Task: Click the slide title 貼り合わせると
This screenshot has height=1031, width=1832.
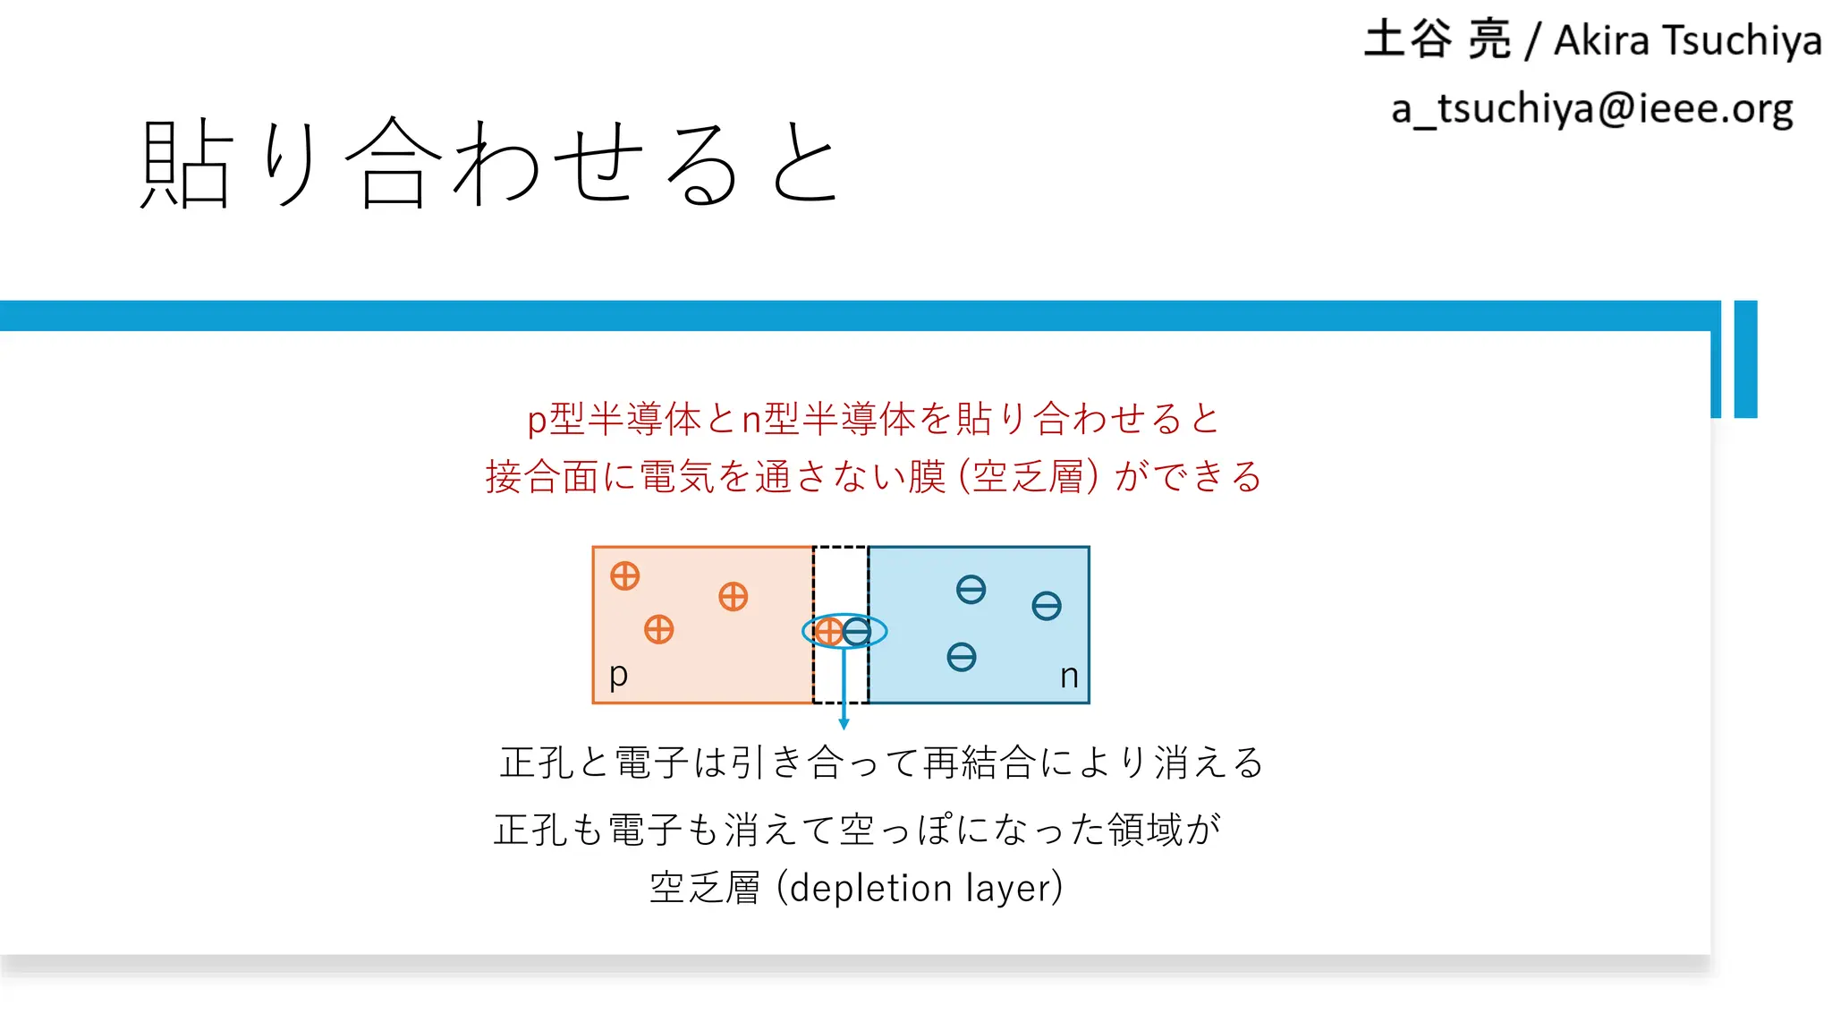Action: [x=490, y=164]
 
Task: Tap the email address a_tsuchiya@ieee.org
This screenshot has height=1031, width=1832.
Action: [x=1591, y=109]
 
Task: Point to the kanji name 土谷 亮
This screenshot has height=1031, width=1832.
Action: [x=1437, y=40]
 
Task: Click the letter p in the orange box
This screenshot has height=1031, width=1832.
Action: [x=618, y=674]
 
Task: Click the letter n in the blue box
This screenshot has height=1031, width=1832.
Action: [x=1069, y=676]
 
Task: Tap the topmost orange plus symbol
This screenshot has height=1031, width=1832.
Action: [x=625, y=575]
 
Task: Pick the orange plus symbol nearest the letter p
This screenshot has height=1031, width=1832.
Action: [x=659, y=629]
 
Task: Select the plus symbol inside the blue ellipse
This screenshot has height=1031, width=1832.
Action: [x=828, y=632]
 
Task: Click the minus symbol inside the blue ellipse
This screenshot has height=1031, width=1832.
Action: [x=857, y=632]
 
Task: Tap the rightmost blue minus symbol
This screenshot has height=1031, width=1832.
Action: [x=1047, y=606]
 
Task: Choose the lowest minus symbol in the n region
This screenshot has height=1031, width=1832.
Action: [x=962, y=658]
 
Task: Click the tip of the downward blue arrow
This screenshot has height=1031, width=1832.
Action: [x=844, y=726]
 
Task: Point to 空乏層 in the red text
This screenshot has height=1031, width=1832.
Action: [x=1029, y=476]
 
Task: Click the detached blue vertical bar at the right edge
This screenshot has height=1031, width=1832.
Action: [x=1745, y=359]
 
